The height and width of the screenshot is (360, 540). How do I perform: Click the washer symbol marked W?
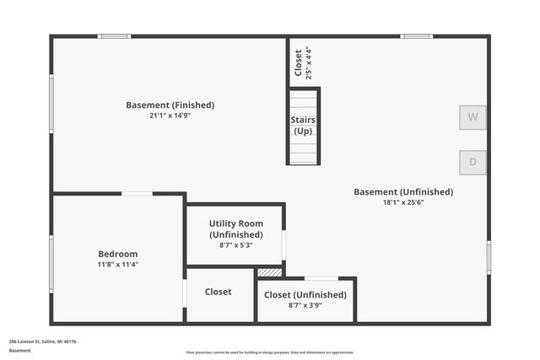[472, 117]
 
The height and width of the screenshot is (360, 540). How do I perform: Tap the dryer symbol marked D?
[472, 162]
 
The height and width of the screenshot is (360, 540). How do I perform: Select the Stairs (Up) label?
[303, 126]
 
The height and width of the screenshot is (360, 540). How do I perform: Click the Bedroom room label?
[118, 254]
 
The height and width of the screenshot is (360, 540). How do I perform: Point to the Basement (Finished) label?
[170, 105]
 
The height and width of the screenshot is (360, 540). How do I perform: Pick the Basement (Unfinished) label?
[402, 192]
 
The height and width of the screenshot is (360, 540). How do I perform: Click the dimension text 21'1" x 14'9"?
[170, 116]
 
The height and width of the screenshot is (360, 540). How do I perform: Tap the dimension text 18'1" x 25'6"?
[402, 202]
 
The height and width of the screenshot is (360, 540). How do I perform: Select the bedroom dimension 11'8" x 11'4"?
[118, 264]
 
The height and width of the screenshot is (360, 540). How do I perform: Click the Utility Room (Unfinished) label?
[236, 229]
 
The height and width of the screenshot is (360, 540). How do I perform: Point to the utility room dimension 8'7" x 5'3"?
[236, 244]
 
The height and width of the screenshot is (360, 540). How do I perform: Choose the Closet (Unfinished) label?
[305, 295]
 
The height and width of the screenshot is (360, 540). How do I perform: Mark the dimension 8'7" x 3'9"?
[305, 305]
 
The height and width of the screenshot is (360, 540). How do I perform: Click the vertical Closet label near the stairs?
[299, 62]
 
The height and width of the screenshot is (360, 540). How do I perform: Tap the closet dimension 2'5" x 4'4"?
[308, 62]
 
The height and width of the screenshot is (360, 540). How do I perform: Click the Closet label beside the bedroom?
[218, 292]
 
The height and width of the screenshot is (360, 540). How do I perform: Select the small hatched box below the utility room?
[270, 272]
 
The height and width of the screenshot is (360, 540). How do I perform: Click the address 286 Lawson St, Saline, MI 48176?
[43, 341]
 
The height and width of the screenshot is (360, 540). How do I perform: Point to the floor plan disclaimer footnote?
[270, 352]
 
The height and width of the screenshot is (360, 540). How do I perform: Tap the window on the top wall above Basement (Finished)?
[114, 36]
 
